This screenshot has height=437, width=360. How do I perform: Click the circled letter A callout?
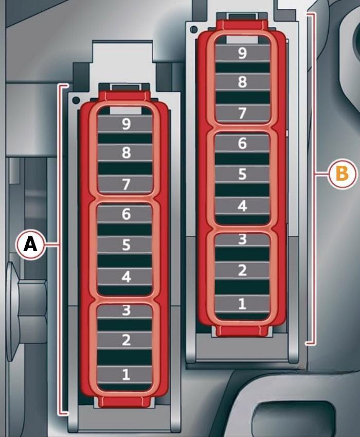click(30, 244)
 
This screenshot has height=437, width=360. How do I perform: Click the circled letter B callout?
click(342, 174)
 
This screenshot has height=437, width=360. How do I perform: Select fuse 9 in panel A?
click(125, 124)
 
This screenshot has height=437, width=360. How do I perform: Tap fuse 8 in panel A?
click(125, 153)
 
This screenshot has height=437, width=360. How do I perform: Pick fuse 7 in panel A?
click(125, 184)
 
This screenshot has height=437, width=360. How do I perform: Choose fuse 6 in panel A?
click(125, 214)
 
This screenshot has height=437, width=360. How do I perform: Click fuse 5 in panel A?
click(125, 245)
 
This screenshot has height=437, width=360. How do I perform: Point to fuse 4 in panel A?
click(125, 277)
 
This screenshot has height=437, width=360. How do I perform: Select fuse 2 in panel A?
click(125, 340)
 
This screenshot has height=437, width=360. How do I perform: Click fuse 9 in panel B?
click(242, 53)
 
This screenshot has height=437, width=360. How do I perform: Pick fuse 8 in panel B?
click(242, 82)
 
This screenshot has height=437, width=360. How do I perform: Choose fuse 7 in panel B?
click(242, 113)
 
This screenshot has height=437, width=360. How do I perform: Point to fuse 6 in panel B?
click(242, 144)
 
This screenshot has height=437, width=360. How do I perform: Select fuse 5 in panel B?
click(242, 174)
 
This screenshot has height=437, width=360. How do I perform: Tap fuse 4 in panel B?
click(242, 206)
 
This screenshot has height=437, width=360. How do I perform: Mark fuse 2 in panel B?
click(242, 270)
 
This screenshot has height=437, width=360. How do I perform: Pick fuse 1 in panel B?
click(242, 304)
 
